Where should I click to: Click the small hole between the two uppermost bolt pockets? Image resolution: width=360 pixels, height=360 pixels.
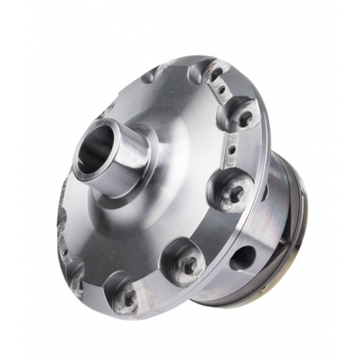[x=222, y=90]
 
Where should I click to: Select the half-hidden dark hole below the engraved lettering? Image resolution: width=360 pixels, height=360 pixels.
[x=265, y=193]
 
